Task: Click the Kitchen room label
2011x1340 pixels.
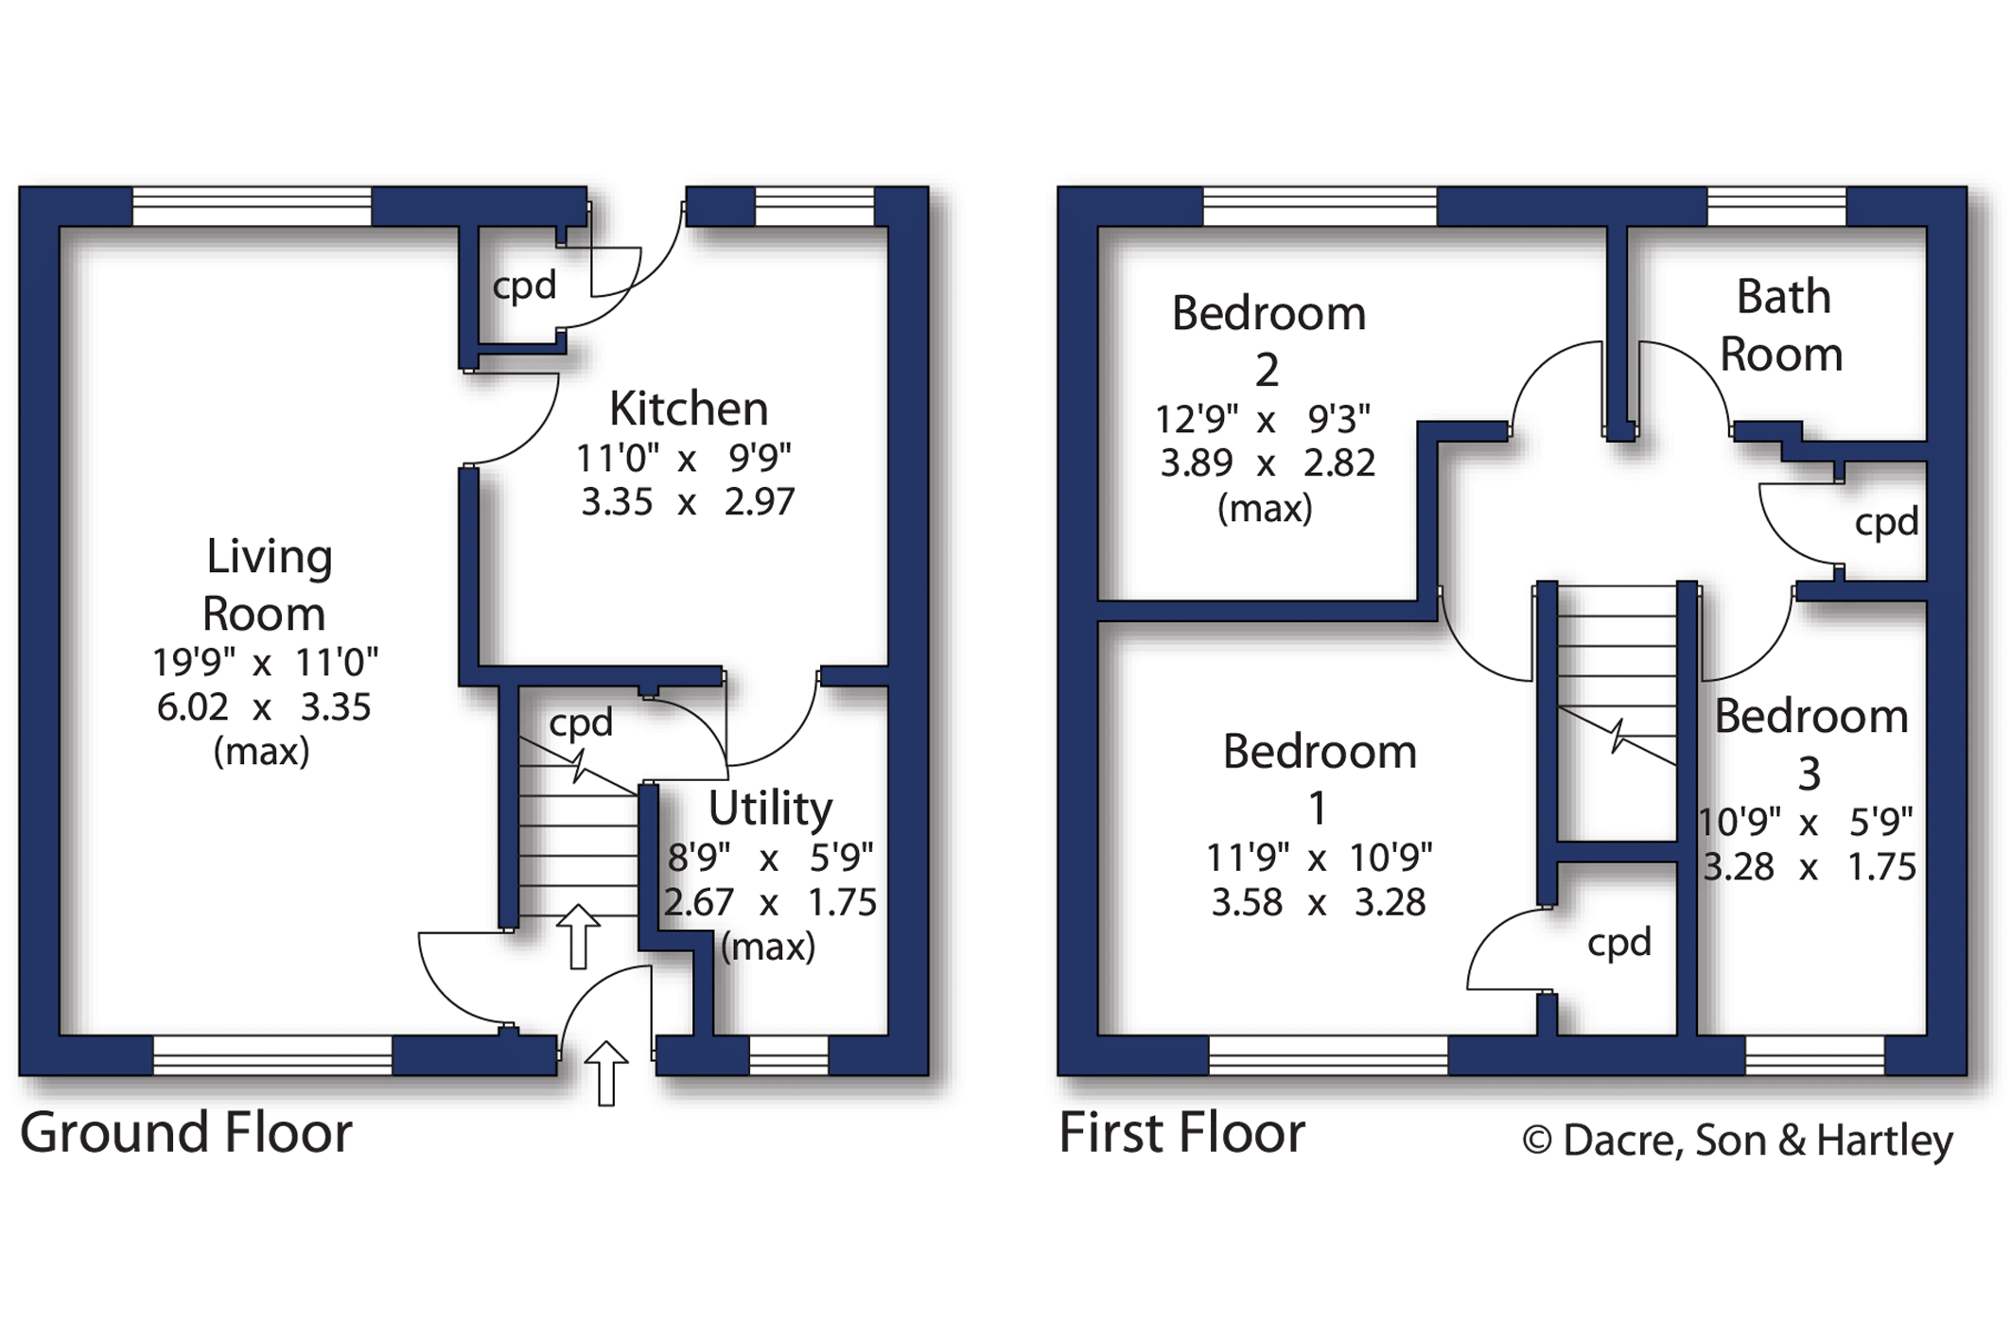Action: (x=689, y=409)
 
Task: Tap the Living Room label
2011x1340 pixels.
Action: (x=267, y=584)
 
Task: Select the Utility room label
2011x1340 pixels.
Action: (x=771, y=809)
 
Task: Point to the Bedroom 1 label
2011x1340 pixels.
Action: (x=1320, y=779)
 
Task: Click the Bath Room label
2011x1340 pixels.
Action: (x=1782, y=325)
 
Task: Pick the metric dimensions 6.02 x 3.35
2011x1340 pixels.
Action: (x=264, y=706)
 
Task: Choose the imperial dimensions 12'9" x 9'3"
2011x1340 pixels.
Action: (x=1263, y=417)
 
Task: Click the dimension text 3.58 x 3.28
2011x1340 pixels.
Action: (x=1319, y=902)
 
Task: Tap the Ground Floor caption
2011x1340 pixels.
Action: (x=186, y=1132)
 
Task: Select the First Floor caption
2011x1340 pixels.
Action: (x=1182, y=1132)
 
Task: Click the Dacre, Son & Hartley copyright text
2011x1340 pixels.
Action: (x=1739, y=1140)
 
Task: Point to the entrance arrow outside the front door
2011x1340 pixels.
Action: (x=606, y=1073)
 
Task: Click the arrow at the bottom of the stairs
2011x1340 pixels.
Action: (x=578, y=936)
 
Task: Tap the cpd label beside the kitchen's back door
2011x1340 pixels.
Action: (x=524, y=286)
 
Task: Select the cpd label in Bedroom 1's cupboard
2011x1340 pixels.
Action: (x=1619, y=943)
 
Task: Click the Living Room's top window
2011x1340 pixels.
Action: (x=252, y=206)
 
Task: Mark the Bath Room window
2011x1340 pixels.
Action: (x=1776, y=206)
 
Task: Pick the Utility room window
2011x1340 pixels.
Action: (x=789, y=1055)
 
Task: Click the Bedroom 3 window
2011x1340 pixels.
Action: (x=1814, y=1055)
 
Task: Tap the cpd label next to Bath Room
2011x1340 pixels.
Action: (x=1886, y=522)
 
